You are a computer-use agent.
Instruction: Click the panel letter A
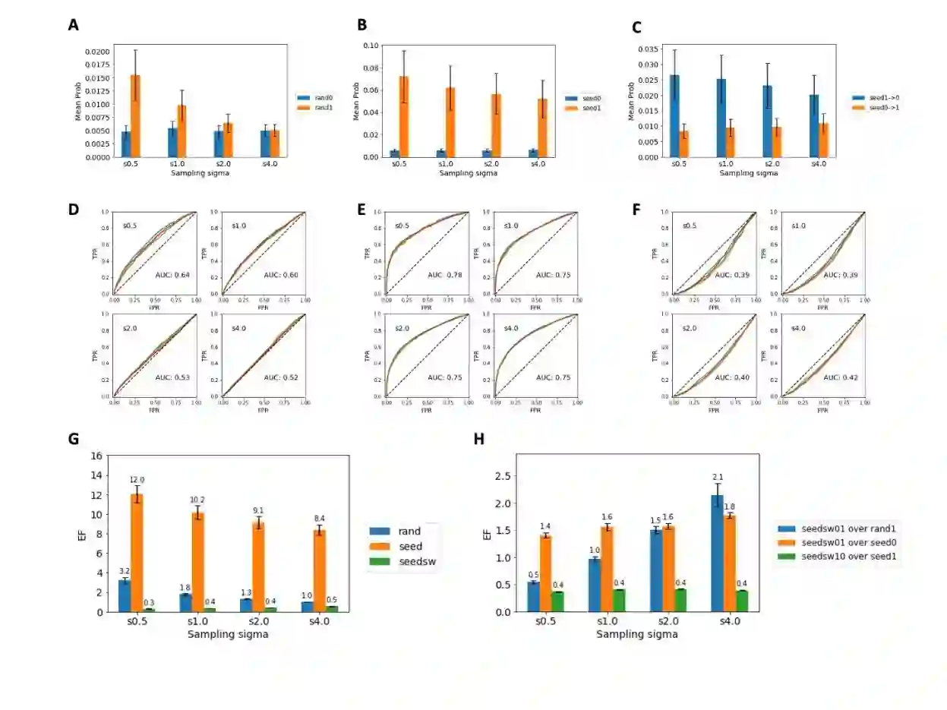point(73,25)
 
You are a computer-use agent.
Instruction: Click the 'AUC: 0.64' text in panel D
point(173,276)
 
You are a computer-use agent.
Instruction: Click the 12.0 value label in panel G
point(137,481)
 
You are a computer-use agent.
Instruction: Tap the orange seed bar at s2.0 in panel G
point(259,566)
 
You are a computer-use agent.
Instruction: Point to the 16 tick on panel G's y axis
point(97,456)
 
